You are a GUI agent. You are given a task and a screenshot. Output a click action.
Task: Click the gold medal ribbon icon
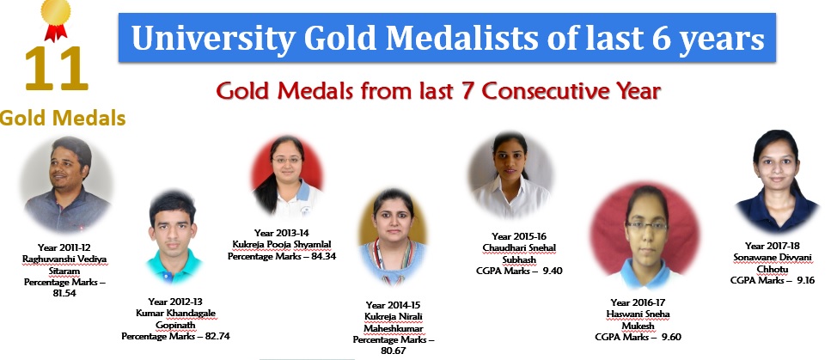click(x=56, y=20)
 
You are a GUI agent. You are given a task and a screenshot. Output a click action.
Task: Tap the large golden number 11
click(x=56, y=69)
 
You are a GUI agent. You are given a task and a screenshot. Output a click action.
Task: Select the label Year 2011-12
click(x=64, y=247)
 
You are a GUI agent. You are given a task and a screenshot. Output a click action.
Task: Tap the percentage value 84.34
click(x=321, y=257)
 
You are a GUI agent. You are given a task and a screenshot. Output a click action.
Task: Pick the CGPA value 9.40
click(x=553, y=271)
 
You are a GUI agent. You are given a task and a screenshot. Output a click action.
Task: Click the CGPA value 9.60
click(x=671, y=337)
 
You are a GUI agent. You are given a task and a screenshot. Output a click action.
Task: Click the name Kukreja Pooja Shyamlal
click(x=281, y=244)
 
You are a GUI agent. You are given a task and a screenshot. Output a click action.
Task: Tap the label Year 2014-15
click(x=393, y=305)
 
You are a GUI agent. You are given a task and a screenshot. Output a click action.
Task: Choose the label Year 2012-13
click(x=175, y=302)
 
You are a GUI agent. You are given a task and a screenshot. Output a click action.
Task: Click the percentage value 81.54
click(x=64, y=293)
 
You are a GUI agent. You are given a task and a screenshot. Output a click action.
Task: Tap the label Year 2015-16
click(x=519, y=236)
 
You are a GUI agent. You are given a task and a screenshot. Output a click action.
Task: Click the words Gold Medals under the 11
click(x=63, y=118)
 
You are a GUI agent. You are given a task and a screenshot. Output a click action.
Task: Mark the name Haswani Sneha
click(x=639, y=314)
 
